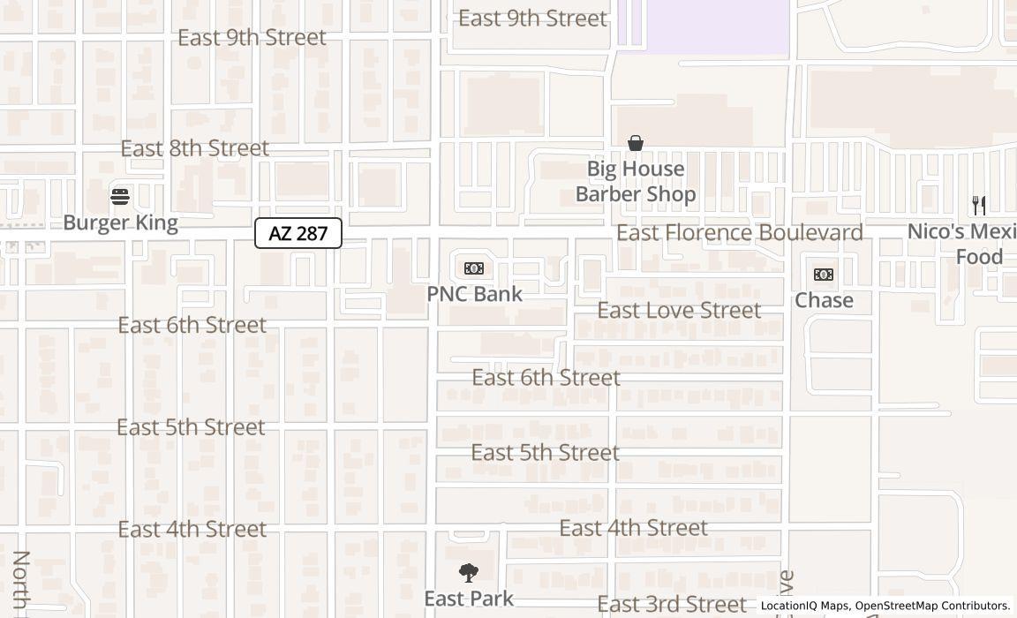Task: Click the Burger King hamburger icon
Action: (x=120, y=196)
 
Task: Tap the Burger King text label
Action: (x=120, y=222)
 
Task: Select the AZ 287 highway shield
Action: (x=298, y=233)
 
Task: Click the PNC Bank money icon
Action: (x=474, y=268)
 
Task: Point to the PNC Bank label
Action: (x=475, y=294)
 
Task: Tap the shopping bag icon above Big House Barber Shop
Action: (x=635, y=143)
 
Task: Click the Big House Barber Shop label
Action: (x=636, y=181)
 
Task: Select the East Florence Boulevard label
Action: (x=739, y=233)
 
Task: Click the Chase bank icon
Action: (x=823, y=275)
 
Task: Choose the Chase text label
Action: (x=824, y=300)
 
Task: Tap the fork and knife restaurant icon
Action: (x=979, y=206)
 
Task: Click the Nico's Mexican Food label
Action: (x=967, y=245)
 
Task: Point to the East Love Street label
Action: (x=679, y=311)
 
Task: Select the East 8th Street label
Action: (x=194, y=148)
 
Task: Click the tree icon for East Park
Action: (x=469, y=573)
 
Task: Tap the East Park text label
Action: (x=468, y=599)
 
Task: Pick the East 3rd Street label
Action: (x=671, y=605)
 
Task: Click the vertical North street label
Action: (x=21, y=583)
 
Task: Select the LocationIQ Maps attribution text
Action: (x=805, y=607)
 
